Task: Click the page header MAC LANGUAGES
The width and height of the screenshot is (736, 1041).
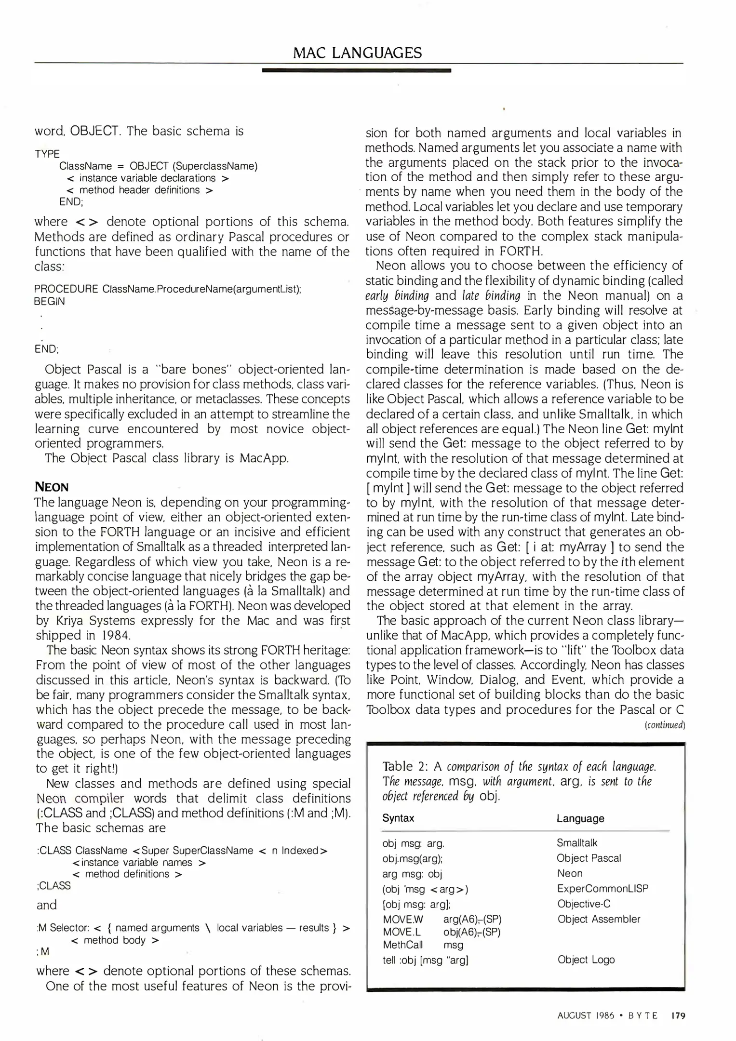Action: point(357,53)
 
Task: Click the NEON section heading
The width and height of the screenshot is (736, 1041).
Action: point(52,487)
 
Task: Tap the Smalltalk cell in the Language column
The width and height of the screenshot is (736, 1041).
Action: point(576,843)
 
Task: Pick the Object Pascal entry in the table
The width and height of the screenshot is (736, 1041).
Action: point(589,858)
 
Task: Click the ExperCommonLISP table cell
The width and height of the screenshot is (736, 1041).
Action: point(602,888)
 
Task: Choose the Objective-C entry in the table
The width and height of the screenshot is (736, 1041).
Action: point(584,904)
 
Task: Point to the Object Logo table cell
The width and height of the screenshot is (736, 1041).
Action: point(586,960)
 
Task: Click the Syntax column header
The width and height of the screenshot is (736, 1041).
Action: point(398,818)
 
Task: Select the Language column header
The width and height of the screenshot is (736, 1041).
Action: point(580,818)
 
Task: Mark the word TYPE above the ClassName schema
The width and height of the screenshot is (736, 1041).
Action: point(47,154)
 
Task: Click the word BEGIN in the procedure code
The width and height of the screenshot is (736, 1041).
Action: point(49,301)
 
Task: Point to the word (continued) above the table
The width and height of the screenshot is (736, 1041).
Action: point(665,725)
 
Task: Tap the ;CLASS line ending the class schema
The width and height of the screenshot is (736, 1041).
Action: point(54,886)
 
